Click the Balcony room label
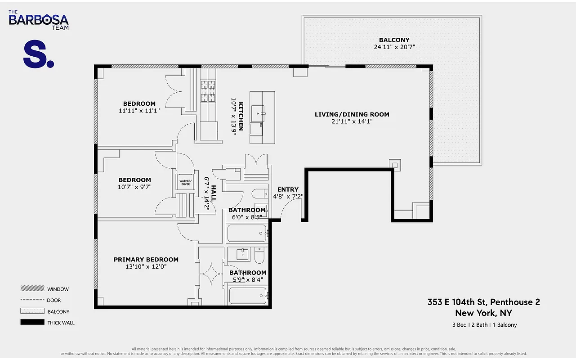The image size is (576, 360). tap(394, 40)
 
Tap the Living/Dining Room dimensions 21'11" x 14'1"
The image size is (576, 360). tap(352, 121)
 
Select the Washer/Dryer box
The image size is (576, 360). tap(186, 183)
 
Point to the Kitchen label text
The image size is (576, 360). tap(241, 116)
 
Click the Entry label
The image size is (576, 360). tap(288, 189)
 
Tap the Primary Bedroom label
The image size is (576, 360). tap(146, 259)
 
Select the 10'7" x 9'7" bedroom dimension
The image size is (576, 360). tap(134, 187)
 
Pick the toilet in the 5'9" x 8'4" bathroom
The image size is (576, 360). tap(259, 256)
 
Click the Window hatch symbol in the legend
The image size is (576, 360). tap(32, 289)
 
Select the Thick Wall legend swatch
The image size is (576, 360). tap(32, 322)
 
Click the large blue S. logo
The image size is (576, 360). tap(38, 54)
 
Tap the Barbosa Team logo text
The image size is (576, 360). tap(39, 20)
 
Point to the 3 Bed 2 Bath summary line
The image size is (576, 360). tap(484, 325)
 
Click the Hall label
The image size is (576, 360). tap(214, 193)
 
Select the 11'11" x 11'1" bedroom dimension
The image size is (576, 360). tap(139, 110)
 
